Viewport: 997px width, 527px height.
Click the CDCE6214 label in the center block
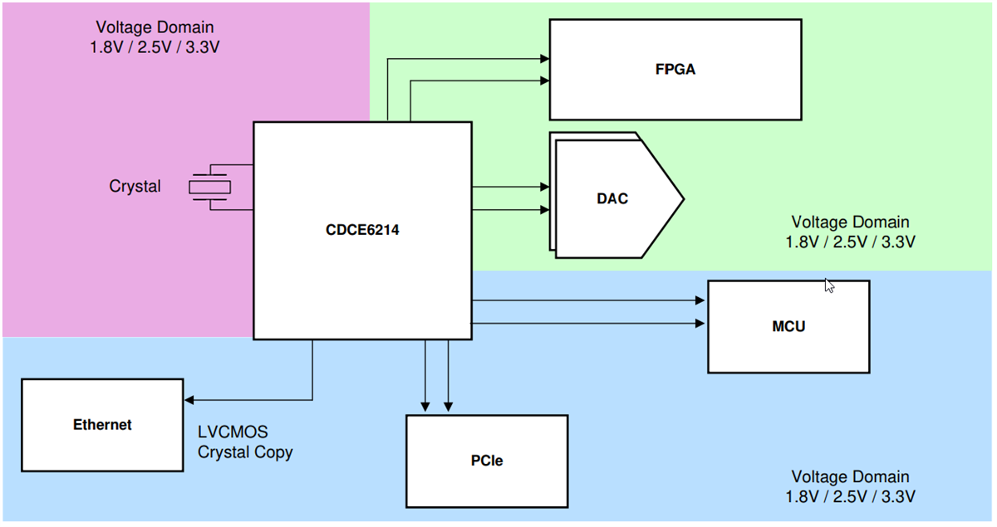coord(362,231)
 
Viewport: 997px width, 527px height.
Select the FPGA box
coord(675,70)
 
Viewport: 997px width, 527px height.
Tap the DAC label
coord(612,198)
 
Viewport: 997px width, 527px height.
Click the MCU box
coord(788,326)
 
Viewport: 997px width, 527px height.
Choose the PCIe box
coord(486,461)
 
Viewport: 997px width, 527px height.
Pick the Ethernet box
coord(102,425)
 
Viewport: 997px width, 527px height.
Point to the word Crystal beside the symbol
coord(135,187)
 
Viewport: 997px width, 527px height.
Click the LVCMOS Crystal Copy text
coord(245,442)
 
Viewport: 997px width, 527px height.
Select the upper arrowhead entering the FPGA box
coord(544,59)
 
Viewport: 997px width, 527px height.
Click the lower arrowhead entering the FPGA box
coord(544,81)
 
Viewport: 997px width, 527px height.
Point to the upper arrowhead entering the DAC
coord(544,188)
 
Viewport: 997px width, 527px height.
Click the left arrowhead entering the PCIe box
coord(425,407)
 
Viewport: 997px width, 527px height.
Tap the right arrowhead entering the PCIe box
coord(448,407)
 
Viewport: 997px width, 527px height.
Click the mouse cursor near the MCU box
coord(828,285)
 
